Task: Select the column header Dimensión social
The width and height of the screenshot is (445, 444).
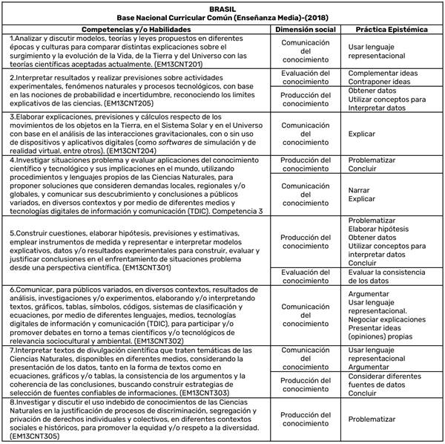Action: [x=304, y=27]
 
